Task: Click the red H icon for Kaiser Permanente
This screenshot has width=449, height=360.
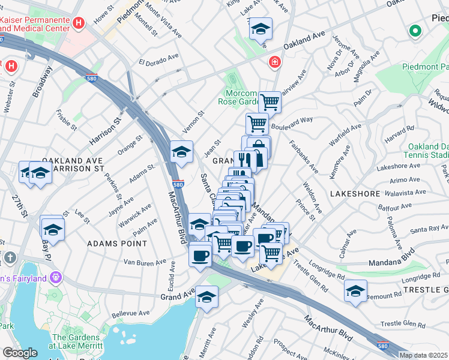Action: [x=77, y=23]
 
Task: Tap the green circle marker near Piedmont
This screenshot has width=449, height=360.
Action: [x=415, y=31]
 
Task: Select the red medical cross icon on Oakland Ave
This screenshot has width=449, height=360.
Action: [x=274, y=62]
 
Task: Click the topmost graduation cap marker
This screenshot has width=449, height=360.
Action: [x=261, y=29]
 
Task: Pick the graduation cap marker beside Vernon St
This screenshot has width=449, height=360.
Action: [x=181, y=152]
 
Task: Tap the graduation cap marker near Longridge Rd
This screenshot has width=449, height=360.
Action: [x=355, y=291]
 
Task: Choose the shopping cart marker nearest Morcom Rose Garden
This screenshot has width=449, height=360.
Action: [x=270, y=103]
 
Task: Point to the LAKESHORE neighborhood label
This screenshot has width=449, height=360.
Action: [x=355, y=194]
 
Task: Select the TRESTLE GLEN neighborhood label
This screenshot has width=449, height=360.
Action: [x=427, y=289]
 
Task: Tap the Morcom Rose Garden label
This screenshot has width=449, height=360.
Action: [x=241, y=97]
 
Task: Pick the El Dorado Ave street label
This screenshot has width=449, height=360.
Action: [x=159, y=61]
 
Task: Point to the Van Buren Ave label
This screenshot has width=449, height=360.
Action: [x=145, y=263]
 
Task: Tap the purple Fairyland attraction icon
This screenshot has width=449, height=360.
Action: [x=56, y=277]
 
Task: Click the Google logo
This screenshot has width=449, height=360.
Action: [x=19, y=352]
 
